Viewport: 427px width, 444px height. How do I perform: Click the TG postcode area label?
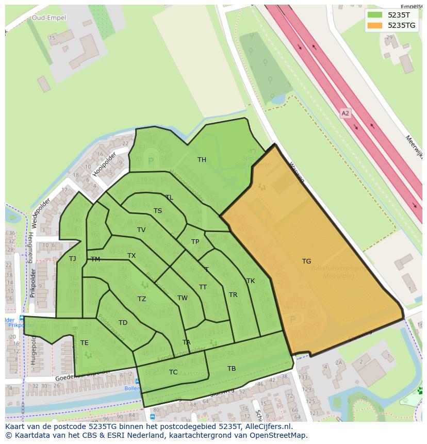tap(306, 261)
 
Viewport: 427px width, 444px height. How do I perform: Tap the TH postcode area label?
tap(202, 160)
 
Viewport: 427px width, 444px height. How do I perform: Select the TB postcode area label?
tap(232, 368)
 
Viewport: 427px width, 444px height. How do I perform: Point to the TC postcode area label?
tap(173, 372)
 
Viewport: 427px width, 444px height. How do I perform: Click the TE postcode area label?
tap(84, 342)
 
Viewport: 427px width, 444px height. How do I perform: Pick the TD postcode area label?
tap(123, 323)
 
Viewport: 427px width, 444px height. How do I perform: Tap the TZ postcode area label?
tap(142, 299)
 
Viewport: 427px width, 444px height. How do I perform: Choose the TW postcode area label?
tap(183, 298)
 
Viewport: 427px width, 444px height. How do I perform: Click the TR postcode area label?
tap(233, 295)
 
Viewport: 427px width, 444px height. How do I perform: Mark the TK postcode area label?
tap(251, 281)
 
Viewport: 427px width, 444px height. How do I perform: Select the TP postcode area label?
tap(195, 242)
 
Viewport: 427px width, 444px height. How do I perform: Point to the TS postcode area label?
tap(158, 210)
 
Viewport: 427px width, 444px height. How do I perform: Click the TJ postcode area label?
tap(73, 258)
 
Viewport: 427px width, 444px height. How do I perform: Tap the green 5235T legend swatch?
tap(375, 15)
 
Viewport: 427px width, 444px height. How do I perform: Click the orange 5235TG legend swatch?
tap(375, 25)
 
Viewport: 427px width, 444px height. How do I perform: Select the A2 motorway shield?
tap(345, 112)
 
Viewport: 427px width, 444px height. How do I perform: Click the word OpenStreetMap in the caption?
tap(277, 435)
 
